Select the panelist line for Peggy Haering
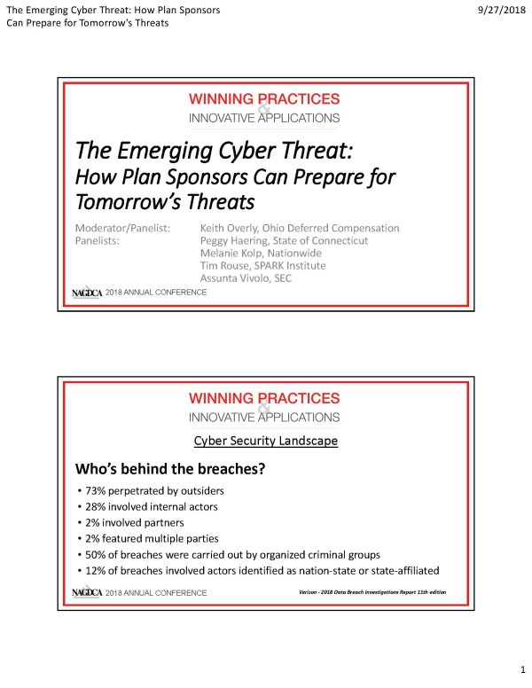(284, 240)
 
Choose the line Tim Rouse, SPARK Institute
(262, 266)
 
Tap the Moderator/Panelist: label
(121, 228)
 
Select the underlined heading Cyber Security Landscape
(265, 442)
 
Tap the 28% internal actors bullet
(151, 506)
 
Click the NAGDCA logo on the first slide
(87, 293)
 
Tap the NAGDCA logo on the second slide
(87, 592)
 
